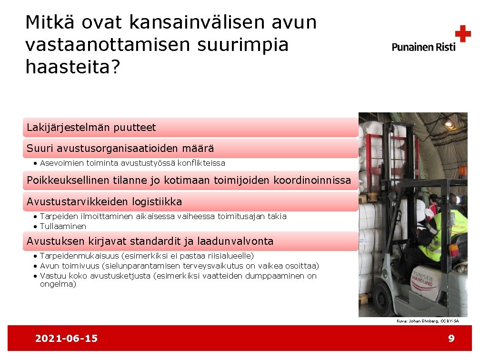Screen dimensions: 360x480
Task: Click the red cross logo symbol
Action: (x=462, y=34)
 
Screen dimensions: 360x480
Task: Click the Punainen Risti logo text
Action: (x=423, y=47)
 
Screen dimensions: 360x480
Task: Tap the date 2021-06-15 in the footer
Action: (x=66, y=339)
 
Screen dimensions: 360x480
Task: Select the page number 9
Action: (x=451, y=339)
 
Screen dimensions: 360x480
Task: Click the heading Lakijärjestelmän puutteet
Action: (x=91, y=128)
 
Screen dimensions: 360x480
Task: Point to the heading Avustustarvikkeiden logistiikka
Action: (x=104, y=202)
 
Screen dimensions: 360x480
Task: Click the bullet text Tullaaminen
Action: (x=63, y=226)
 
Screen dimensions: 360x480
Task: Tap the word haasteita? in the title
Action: (x=72, y=67)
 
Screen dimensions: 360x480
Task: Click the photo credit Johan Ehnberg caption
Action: (x=427, y=321)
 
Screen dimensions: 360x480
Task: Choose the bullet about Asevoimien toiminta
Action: (x=132, y=163)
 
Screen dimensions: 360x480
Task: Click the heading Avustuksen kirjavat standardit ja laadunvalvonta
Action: (x=150, y=241)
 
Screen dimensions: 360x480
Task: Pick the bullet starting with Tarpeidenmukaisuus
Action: (x=147, y=256)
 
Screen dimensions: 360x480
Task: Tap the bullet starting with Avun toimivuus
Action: (x=179, y=266)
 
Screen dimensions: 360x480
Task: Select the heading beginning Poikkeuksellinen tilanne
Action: (x=189, y=180)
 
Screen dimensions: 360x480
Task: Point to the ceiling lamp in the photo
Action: (x=448, y=123)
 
